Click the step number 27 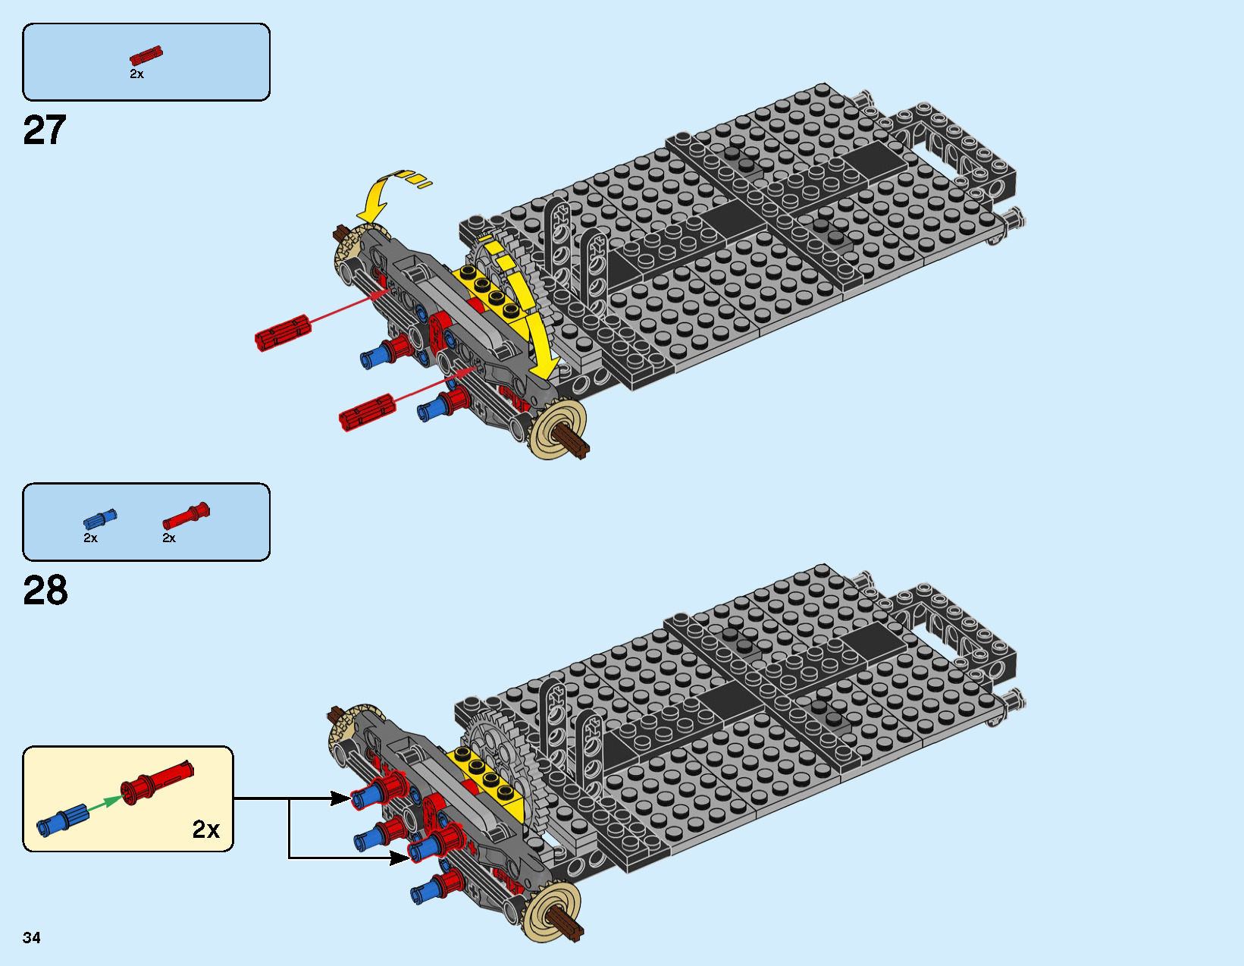click(45, 130)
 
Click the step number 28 click(45, 591)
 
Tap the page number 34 click(32, 938)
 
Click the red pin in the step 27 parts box click(146, 56)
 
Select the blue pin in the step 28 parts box click(100, 519)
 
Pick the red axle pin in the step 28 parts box click(186, 516)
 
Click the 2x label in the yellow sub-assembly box click(205, 830)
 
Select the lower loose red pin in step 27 click(367, 412)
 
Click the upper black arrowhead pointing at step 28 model click(341, 798)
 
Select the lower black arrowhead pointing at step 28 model click(400, 858)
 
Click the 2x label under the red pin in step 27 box click(136, 74)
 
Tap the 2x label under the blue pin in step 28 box click(90, 538)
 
